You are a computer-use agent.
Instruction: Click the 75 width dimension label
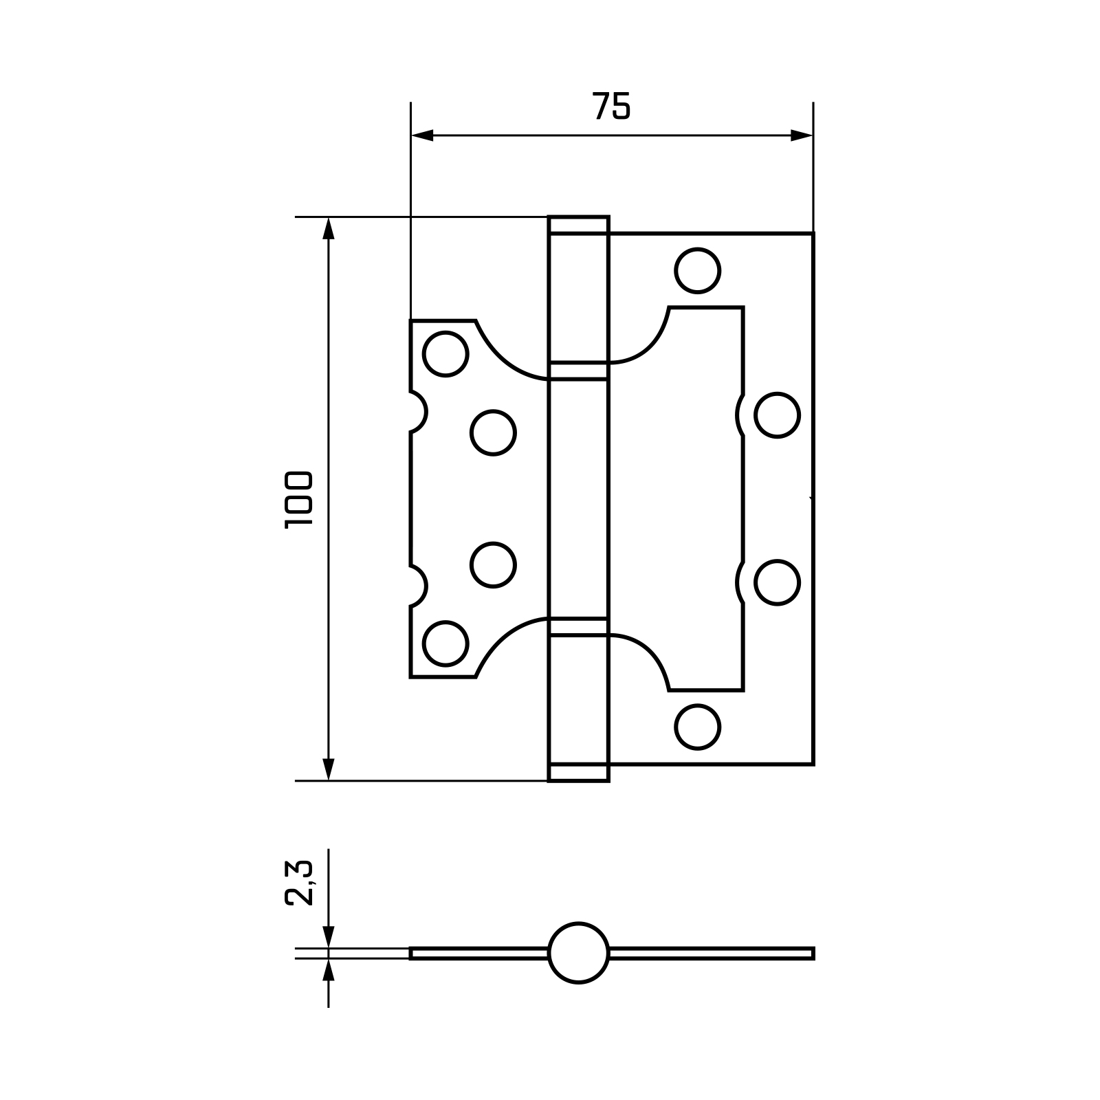611,106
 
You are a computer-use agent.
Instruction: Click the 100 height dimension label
299,500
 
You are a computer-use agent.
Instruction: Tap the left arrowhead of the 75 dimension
421,135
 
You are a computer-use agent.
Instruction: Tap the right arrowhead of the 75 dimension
802,135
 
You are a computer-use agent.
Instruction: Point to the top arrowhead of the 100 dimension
329,228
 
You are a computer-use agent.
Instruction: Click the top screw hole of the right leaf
698,270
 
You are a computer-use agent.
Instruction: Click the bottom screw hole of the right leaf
698,727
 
